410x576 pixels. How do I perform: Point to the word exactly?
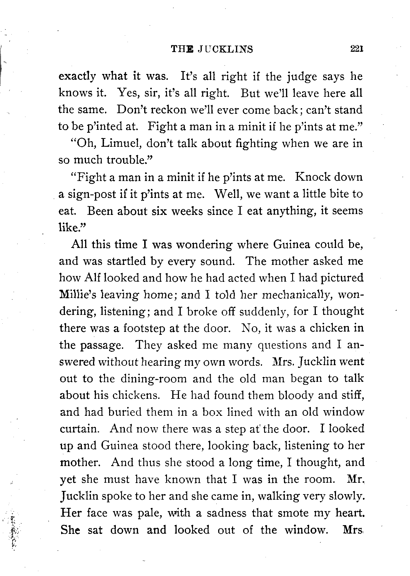point(77,77)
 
